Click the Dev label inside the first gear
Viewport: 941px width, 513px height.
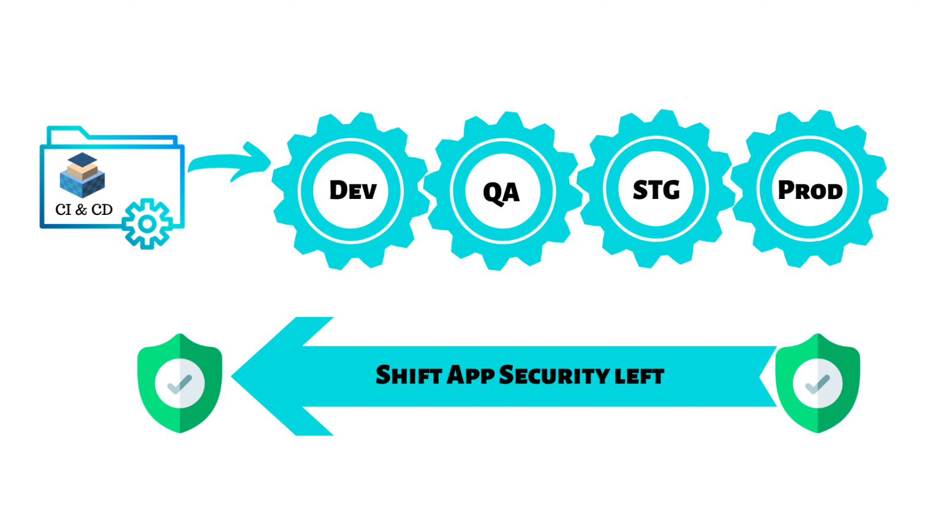[352, 190]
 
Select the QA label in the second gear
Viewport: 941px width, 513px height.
[501, 192]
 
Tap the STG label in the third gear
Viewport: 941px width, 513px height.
[656, 190]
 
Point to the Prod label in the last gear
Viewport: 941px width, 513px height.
[810, 190]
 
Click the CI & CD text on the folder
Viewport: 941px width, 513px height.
[84, 210]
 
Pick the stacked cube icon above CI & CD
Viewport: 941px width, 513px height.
[83, 174]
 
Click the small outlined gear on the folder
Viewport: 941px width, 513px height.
[147, 224]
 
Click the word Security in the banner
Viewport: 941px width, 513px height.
[555, 375]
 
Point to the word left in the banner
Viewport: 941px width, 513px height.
[640, 376]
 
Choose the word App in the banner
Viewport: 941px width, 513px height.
[470, 375]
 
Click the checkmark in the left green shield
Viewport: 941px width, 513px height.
[180, 384]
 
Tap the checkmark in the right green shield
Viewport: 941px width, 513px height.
[817, 384]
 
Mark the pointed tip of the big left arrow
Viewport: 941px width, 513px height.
[233, 376]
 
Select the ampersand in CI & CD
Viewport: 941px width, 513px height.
[81, 210]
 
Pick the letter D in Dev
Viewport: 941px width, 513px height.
[340, 190]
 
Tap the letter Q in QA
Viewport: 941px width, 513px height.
[493, 193]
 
